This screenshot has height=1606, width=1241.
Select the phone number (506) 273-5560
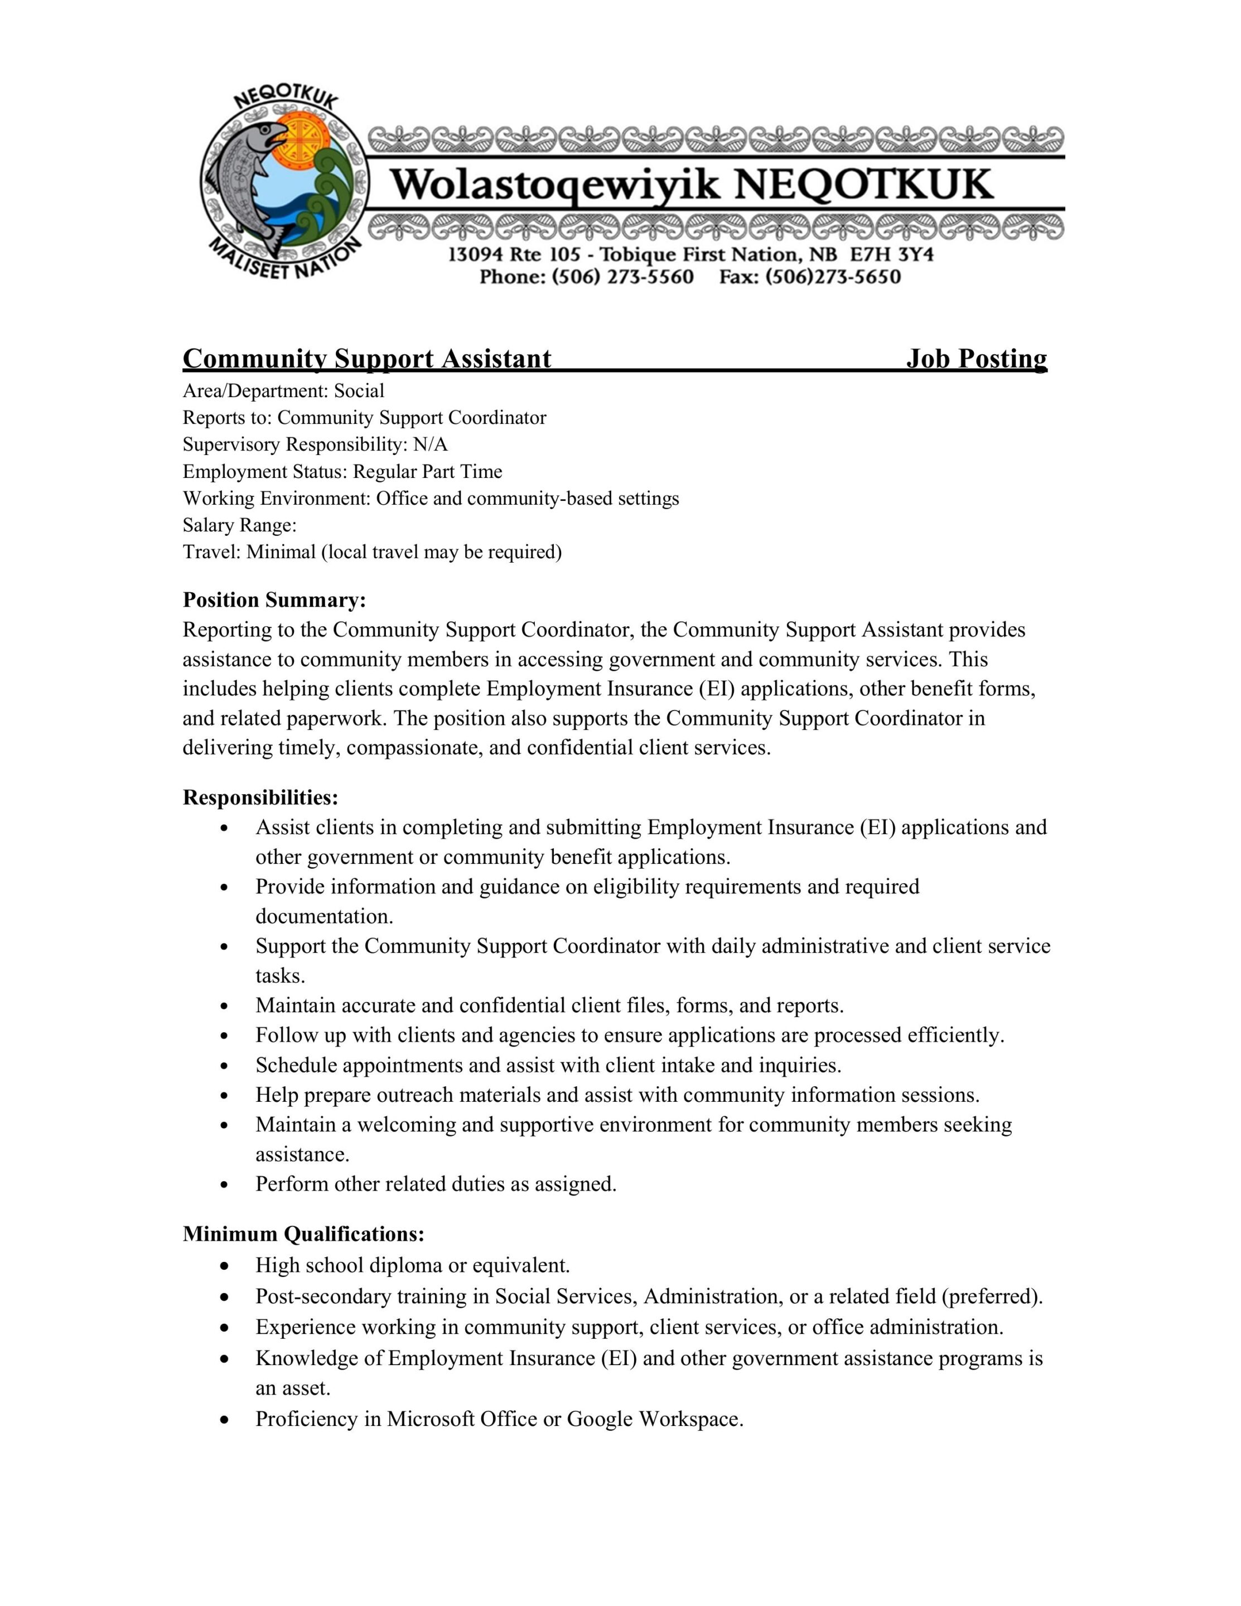(x=622, y=277)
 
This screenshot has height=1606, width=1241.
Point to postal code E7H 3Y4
(x=892, y=255)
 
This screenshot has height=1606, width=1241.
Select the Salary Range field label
(x=240, y=525)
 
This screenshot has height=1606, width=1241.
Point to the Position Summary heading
(x=274, y=600)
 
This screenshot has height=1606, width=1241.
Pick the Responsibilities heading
(x=260, y=797)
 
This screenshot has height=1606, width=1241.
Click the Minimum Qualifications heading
(x=303, y=1233)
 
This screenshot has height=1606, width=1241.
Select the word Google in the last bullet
(x=600, y=1419)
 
